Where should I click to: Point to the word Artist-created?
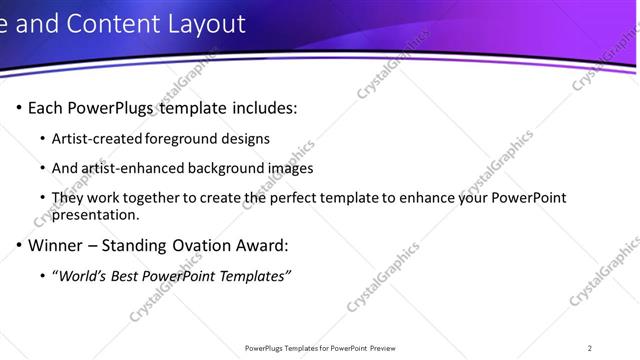point(97,138)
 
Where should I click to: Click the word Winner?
point(54,245)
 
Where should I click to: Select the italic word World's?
point(83,275)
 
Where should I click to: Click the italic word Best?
point(126,275)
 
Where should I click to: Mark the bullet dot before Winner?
point(19,246)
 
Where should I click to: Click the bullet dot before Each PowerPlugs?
point(19,108)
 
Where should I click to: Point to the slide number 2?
point(590,348)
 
